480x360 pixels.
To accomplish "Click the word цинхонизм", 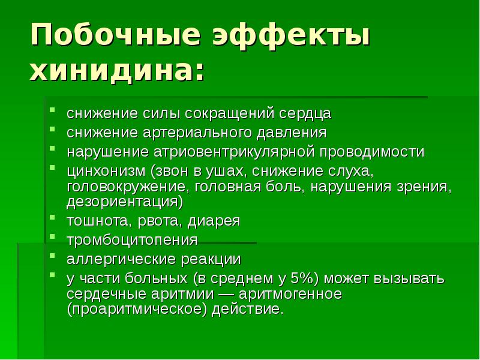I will pyautogui.click(x=106, y=170).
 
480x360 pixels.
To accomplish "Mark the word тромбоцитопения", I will pyautogui.click(x=132, y=240).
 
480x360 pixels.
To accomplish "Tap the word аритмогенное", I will pyautogui.click(x=290, y=295).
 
